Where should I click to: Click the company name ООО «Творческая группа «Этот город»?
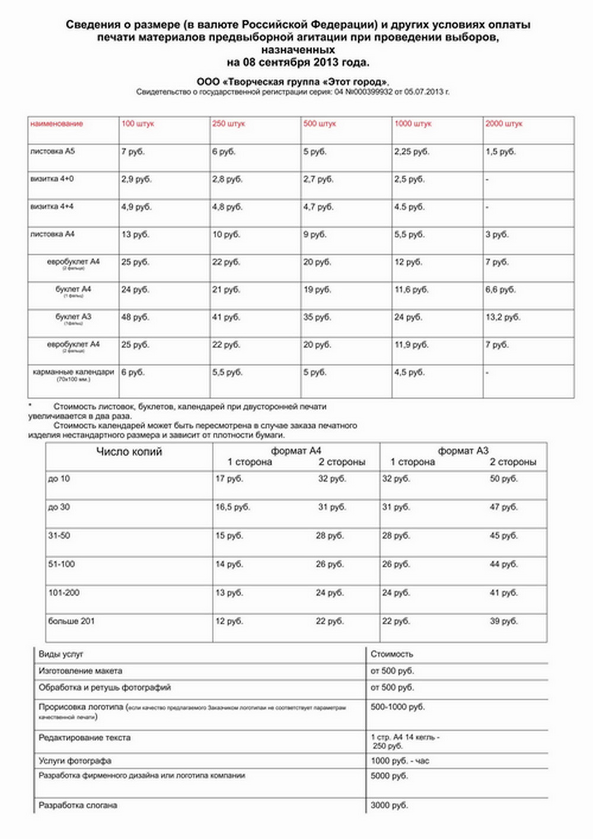pos(293,81)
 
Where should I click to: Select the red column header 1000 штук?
pos(413,124)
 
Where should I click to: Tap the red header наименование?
pos(57,124)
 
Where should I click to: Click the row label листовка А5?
pos(53,151)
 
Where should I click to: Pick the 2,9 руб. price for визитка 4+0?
pos(136,179)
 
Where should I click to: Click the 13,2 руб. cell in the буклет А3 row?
pos(503,317)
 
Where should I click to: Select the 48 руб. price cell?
pos(135,317)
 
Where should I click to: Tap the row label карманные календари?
pos(74,372)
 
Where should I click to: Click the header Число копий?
pos(129,452)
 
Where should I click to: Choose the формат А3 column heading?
pos(463,451)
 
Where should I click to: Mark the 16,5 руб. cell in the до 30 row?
pos(232,507)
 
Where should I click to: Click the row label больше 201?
pos(71,621)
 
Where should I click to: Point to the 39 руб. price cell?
pos(503,621)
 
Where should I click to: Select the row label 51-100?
pos(62,564)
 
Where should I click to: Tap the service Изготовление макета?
pos(81,671)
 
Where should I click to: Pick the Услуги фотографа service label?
pos(75,761)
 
